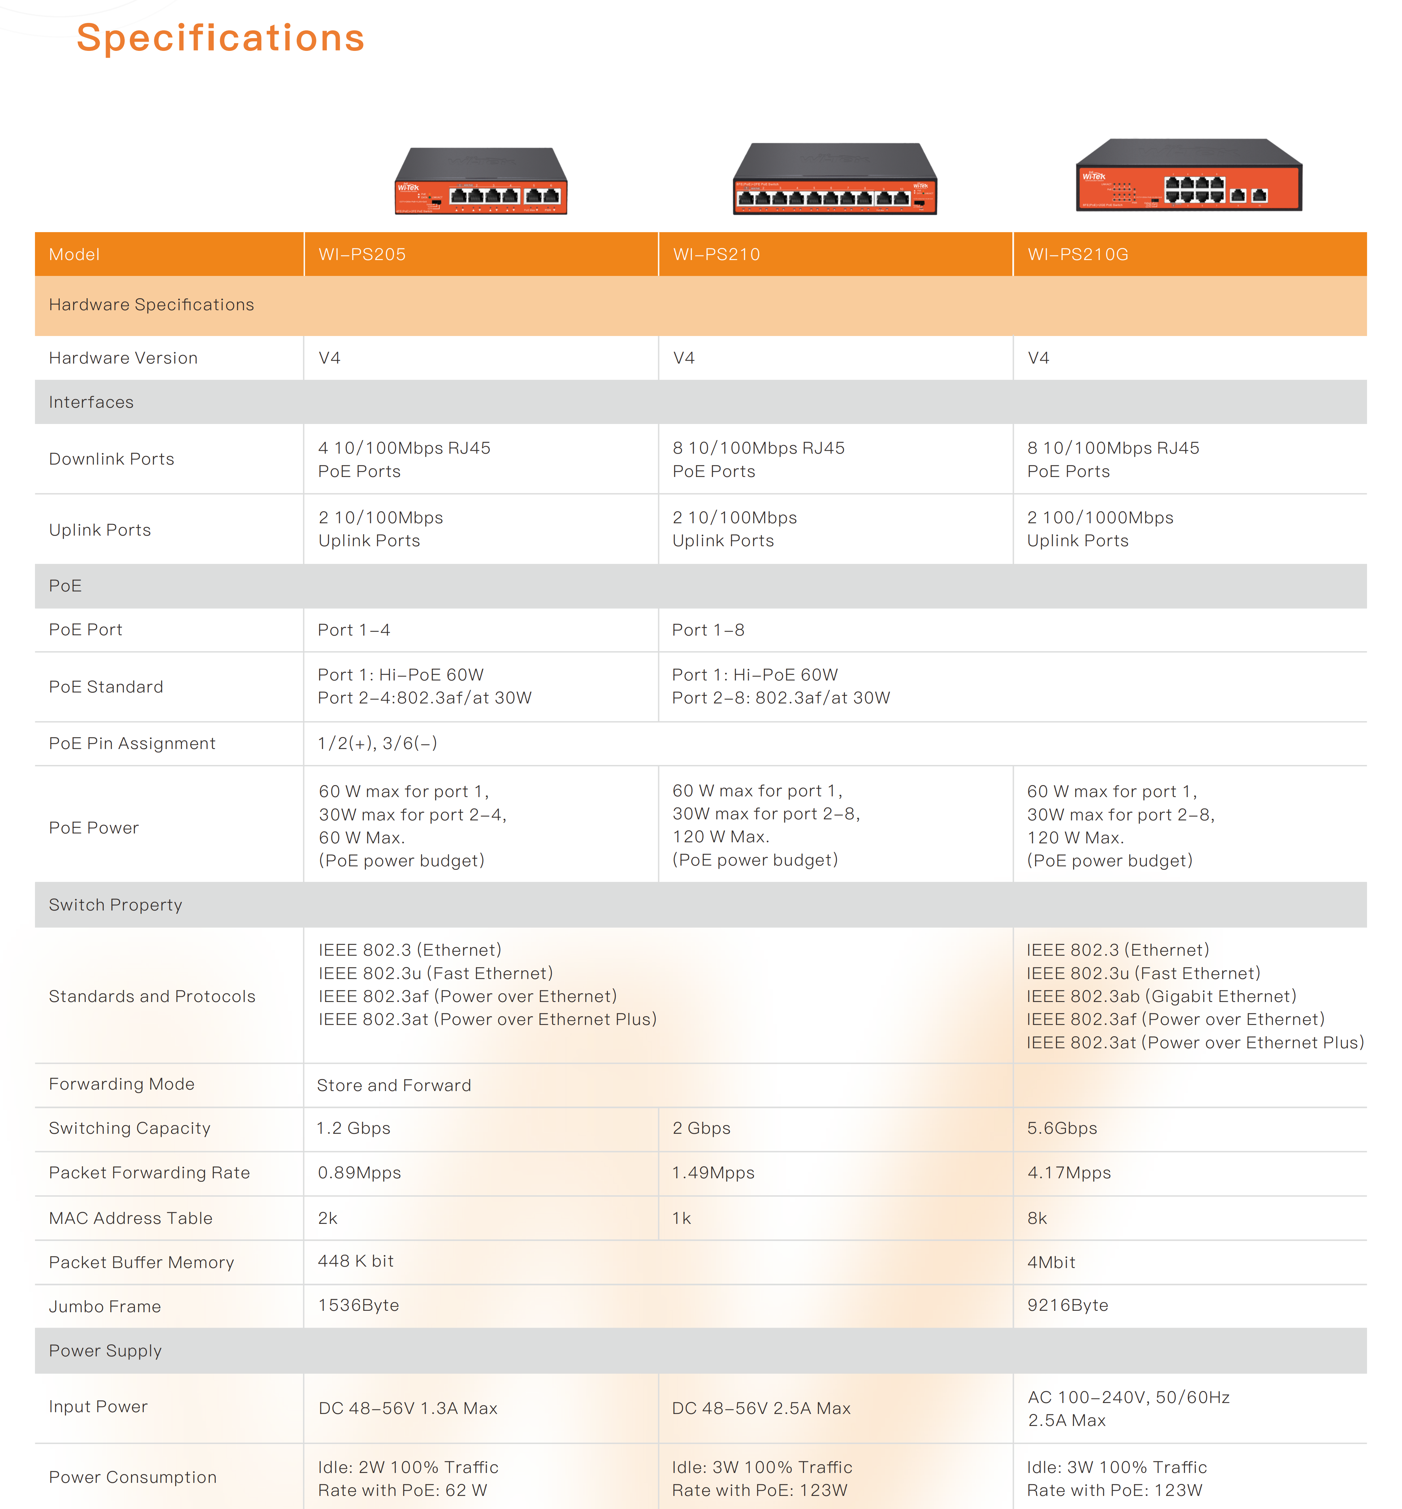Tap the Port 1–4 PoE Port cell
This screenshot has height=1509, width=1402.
[354, 630]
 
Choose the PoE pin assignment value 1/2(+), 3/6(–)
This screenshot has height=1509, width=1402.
[377, 743]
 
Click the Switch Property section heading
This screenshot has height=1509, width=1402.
[115, 904]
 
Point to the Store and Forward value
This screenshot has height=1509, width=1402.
[394, 1085]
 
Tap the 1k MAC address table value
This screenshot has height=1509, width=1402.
[681, 1218]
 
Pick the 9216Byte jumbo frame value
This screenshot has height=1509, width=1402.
[1067, 1305]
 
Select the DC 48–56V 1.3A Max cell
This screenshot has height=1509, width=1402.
[407, 1408]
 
